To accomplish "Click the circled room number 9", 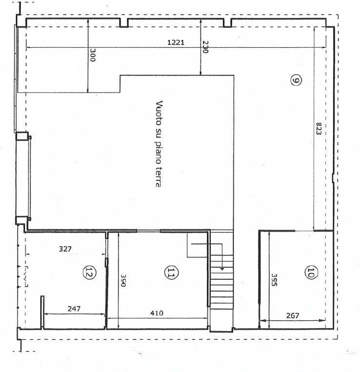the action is (296, 80).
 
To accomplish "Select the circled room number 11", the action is (171, 273).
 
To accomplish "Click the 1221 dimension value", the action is (176, 42).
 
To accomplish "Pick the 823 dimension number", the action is (319, 128).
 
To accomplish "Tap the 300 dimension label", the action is (93, 55).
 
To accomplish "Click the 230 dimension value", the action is (205, 47).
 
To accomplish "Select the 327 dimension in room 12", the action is (65, 249).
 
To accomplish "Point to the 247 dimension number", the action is (74, 309).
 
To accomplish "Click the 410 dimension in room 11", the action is (157, 313).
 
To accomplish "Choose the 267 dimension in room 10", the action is (293, 315).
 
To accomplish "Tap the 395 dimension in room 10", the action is (274, 280).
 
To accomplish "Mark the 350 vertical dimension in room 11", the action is (123, 280).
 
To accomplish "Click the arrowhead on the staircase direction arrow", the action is (222, 269).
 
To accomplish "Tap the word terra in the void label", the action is (158, 177).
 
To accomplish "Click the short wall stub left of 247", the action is (42, 312).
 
